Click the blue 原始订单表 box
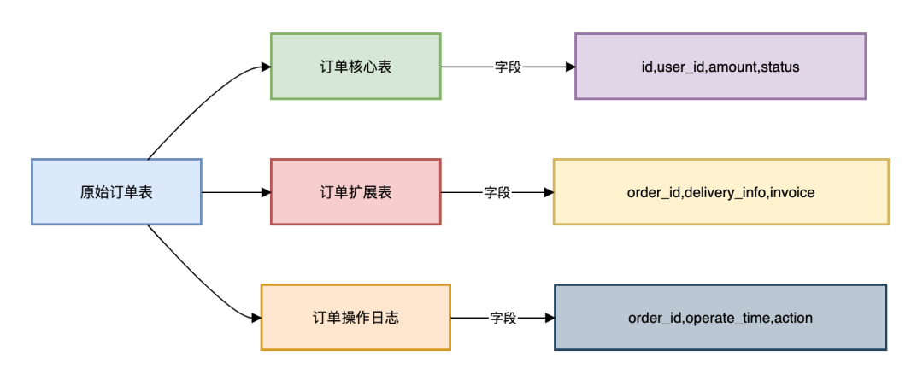116,192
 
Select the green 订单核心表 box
356,67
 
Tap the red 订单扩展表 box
356,192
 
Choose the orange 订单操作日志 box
356,318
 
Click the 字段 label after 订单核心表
508,67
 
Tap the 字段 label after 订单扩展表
497,192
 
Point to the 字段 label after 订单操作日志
503,318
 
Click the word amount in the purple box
732,67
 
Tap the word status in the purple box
779,67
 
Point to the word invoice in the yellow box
792,192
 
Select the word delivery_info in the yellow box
725,192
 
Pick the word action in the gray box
794,318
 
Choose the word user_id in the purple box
680,67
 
